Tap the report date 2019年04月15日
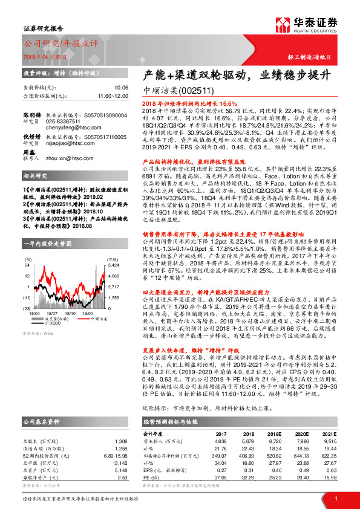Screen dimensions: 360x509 (x=46, y=56)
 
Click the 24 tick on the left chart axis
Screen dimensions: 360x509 (x=28, y=265)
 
